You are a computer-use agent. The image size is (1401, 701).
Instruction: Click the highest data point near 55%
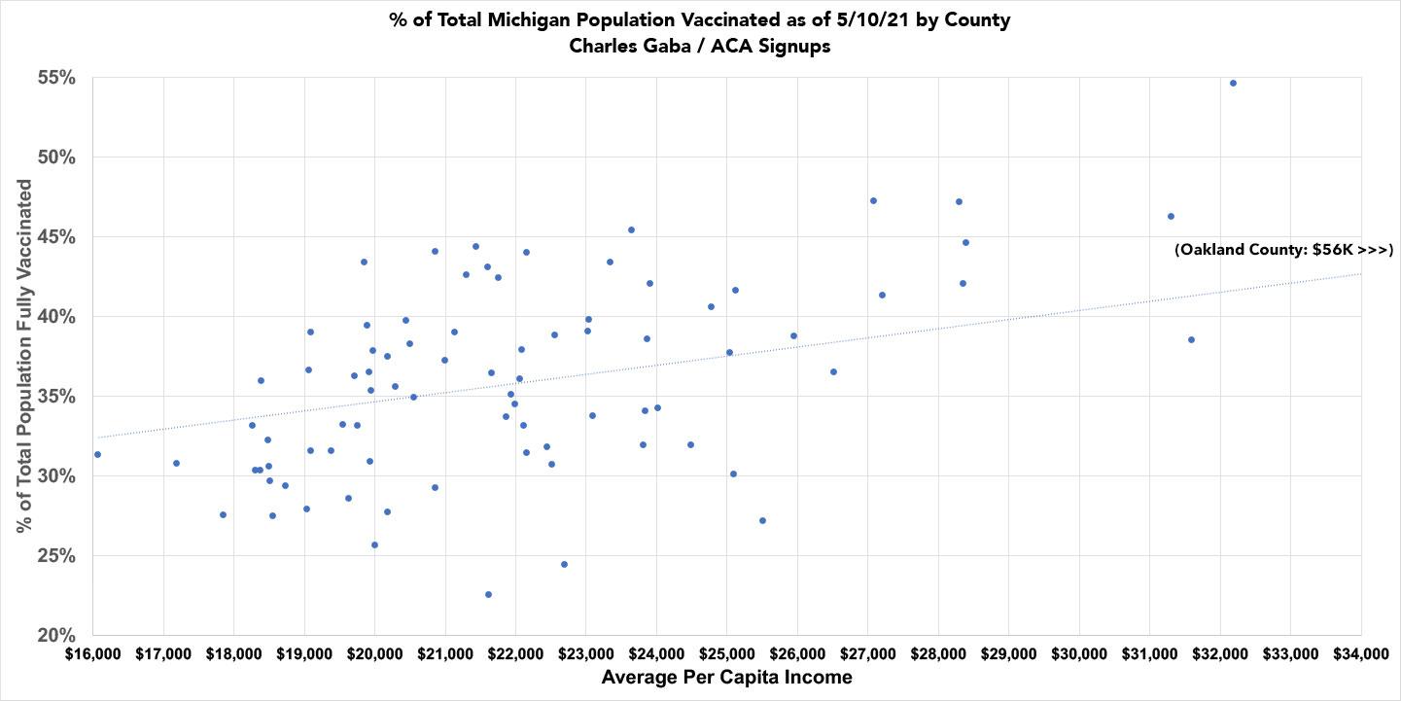pos(1233,83)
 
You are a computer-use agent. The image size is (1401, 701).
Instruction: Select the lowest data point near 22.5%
pos(488,594)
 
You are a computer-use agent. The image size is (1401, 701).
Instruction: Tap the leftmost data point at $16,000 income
pos(97,454)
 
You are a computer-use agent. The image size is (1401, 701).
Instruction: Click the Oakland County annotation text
pos(1283,250)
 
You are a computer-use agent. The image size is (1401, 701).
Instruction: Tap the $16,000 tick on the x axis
pos(93,653)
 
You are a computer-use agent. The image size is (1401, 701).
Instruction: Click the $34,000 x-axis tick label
pos(1359,653)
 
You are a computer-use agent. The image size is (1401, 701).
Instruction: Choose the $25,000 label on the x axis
pos(726,653)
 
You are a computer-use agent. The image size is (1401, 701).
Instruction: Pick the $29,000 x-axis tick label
pos(1008,653)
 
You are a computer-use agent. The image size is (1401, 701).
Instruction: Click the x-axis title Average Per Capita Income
pos(726,678)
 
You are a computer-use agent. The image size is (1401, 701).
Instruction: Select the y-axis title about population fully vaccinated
pos(24,356)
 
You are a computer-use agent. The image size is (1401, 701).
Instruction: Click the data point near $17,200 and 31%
pos(176,463)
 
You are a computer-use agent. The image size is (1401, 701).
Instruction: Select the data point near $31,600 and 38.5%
pos(1191,339)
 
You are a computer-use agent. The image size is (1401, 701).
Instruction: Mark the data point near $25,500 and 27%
pos(762,520)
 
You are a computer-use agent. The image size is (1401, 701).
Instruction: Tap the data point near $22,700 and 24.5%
pos(564,564)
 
